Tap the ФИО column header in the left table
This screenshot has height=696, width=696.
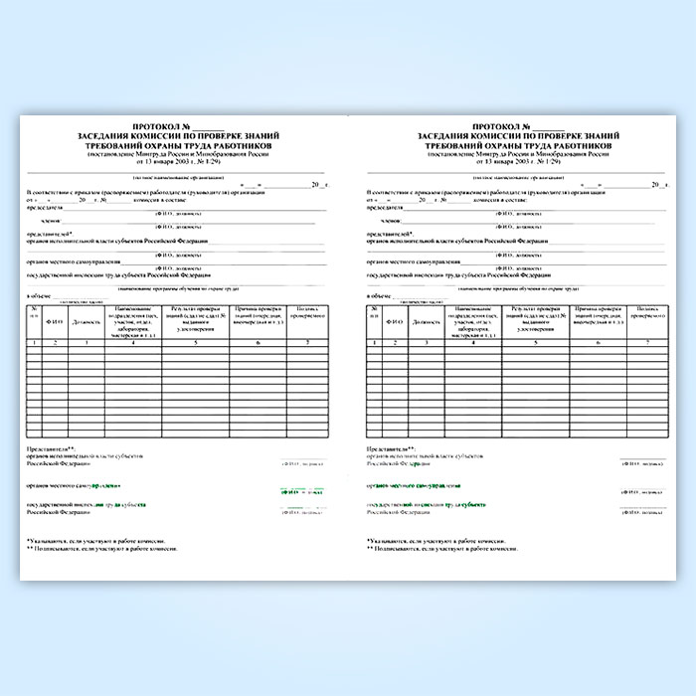[57, 321]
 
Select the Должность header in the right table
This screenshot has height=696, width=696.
[427, 322]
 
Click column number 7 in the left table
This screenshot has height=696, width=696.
[306, 343]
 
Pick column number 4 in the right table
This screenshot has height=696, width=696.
[473, 343]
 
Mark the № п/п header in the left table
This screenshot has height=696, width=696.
[34, 316]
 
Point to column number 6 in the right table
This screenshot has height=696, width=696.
[599, 343]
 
